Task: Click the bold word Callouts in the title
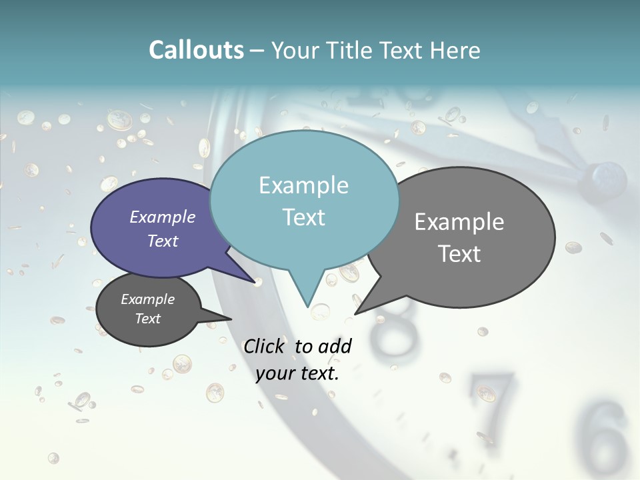[196, 50]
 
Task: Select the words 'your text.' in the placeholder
[297, 373]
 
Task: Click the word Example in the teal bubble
[303, 185]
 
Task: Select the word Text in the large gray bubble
[459, 254]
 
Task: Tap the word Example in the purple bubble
[162, 217]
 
